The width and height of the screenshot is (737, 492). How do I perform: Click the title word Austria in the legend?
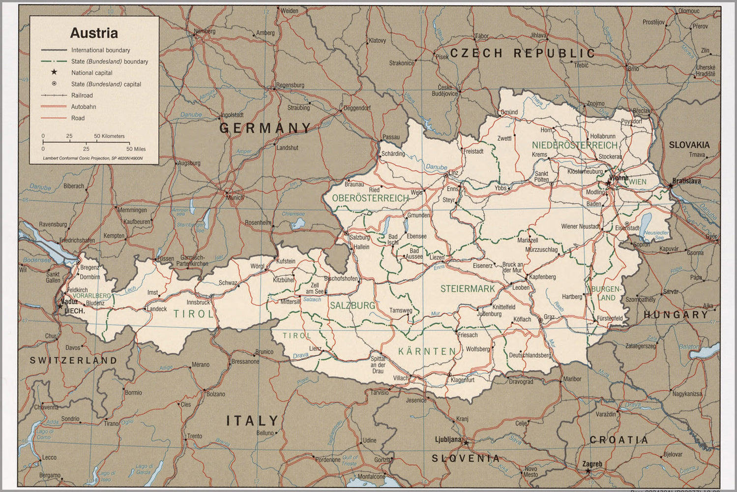coord(94,33)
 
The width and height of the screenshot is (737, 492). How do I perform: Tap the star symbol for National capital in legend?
coord(54,72)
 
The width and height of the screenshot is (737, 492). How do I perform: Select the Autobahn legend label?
coord(84,107)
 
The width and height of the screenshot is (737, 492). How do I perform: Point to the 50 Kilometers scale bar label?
coord(109,136)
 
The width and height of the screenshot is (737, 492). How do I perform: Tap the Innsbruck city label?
coord(198,303)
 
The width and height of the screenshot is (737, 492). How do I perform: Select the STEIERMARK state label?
coord(467,289)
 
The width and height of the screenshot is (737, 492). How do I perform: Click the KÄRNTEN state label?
coord(427,351)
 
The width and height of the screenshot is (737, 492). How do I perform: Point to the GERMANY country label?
coord(265,128)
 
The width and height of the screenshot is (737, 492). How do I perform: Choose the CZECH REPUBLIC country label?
coord(522,54)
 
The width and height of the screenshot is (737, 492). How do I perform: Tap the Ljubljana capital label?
coord(448,439)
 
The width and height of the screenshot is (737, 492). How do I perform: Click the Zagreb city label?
coord(592,464)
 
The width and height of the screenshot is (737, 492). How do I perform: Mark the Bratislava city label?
coord(686,181)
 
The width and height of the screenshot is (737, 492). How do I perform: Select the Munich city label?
coord(235,198)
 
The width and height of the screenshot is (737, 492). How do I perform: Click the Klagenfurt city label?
coord(462,380)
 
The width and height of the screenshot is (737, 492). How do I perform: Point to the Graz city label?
coord(549,317)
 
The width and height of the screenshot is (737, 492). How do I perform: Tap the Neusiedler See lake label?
coord(656,235)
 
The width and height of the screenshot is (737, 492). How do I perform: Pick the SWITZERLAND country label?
coord(74,360)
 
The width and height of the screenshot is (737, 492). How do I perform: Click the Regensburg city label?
coord(290,85)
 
